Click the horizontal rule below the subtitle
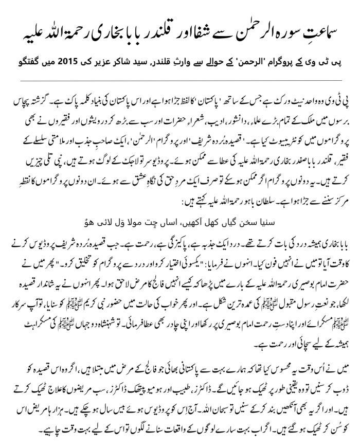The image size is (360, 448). (180, 80)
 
